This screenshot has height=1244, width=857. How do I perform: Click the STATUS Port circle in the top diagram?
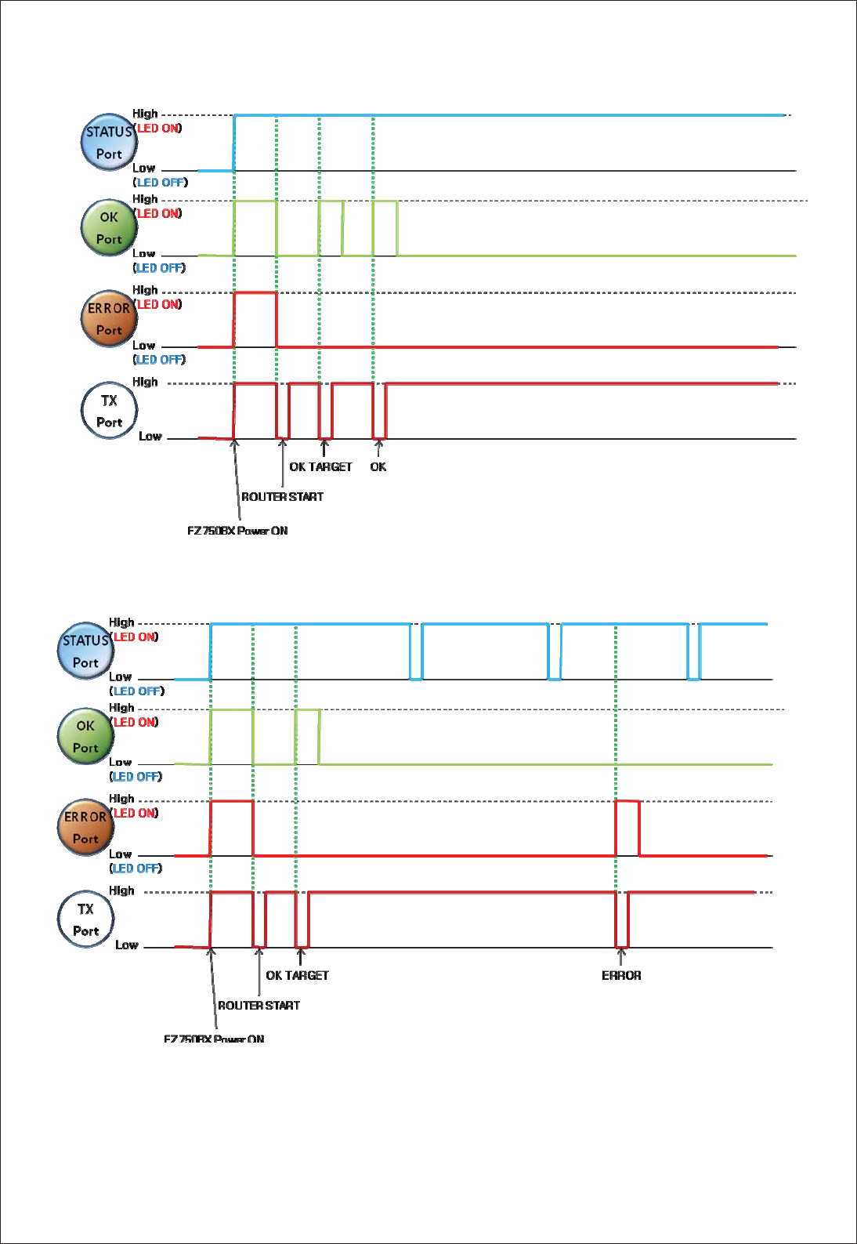[x=109, y=143]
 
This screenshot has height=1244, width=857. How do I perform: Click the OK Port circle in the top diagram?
[x=109, y=228]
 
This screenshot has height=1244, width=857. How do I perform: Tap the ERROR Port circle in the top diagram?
[x=109, y=319]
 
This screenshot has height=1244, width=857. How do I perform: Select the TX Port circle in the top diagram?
[x=109, y=411]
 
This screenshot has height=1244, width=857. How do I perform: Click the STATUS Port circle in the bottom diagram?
[x=85, y=651]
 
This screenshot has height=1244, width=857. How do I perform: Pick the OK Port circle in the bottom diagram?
[x=85, y=737]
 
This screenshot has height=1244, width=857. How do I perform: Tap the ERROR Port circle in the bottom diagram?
[x=85, y=828]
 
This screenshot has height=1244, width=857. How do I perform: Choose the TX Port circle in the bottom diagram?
[x=85, y=919]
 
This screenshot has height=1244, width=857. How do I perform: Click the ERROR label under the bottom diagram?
[x=621, y=976]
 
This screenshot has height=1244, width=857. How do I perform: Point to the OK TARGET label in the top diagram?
[x=320, y=467]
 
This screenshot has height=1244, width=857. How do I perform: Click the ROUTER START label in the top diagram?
[x=282, y=497]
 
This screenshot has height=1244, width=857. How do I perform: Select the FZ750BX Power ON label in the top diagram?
[x=237, y=531]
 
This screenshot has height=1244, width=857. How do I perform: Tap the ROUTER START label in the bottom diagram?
[x=259, y=1006]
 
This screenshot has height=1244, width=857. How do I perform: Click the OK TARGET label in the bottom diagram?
[x=297, y=976]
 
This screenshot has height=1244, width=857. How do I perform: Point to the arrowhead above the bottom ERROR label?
[x=621, y=953]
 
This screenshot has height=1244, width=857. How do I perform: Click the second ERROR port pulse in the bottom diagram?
[x=627, y=827]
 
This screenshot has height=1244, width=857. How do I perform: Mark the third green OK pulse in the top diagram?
[x=385, y=228]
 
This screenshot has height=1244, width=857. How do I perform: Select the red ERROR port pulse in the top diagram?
[x=255, y=319]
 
